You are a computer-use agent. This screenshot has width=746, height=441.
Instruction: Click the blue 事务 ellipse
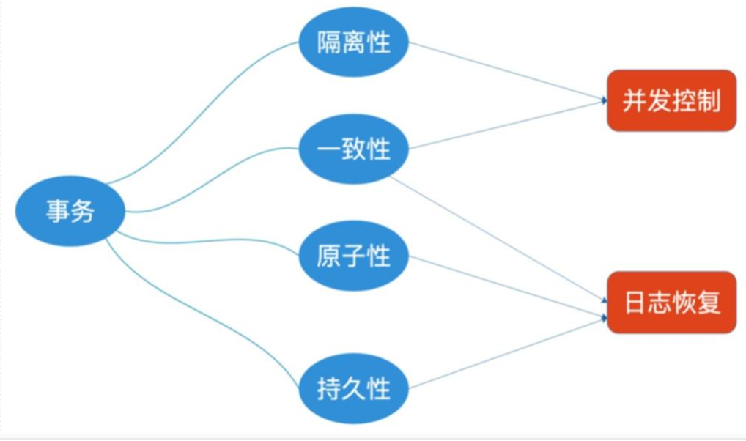70,212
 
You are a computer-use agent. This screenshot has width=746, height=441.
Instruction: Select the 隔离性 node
354,42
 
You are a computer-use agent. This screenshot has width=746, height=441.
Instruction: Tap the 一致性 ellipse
354,149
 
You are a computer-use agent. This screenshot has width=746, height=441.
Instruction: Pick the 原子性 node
354,256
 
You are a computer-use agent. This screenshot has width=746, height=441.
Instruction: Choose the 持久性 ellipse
354,388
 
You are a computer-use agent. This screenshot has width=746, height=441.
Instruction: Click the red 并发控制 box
671,100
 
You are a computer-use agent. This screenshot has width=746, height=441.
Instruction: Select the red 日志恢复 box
671,302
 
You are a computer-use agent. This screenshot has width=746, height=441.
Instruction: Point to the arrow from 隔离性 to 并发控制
506,70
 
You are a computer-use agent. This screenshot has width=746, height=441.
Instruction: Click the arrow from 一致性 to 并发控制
506,125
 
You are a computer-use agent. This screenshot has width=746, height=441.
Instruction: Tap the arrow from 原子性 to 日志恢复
506,286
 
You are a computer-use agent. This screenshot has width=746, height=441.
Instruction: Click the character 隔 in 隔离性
329,42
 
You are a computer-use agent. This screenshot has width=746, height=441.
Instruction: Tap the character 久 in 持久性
354,388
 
